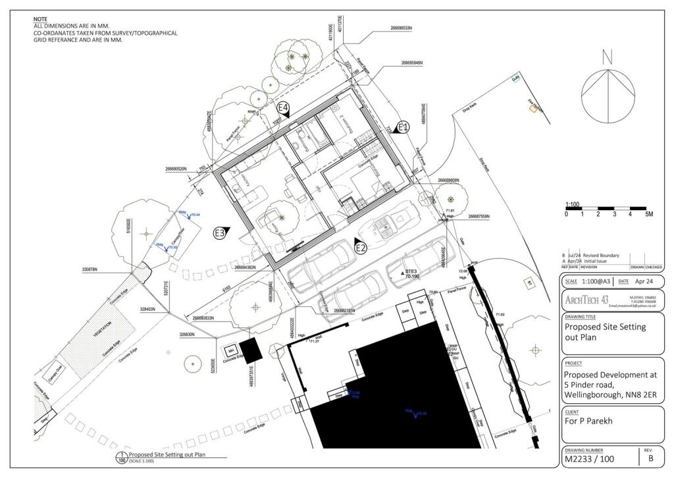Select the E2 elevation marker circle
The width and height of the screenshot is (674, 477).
pos(360,248)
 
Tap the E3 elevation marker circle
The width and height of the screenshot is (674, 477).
pos(220,233)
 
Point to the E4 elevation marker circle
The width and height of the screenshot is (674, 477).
pos(283,107)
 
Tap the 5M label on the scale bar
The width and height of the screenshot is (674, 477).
pos(648,214)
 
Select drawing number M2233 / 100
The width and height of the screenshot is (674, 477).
pos(592,459)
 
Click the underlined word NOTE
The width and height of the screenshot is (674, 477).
pos(41,20)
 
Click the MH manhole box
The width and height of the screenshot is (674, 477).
pos(231,349)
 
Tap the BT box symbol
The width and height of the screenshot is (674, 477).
pos(527,283)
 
